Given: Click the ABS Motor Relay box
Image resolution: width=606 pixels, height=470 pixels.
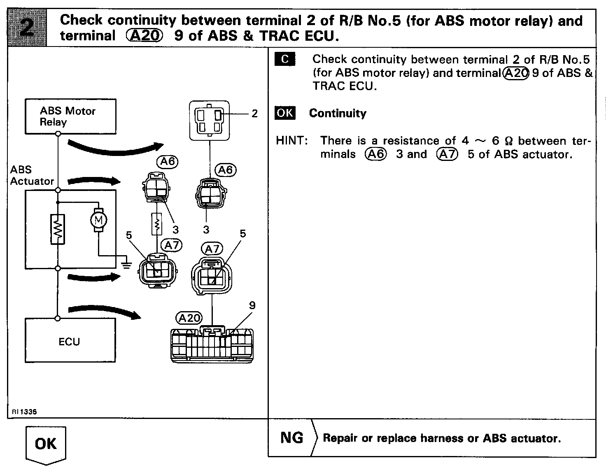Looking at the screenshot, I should (x=70, y=116).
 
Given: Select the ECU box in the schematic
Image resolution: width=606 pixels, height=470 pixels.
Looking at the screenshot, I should (x=70, y=340).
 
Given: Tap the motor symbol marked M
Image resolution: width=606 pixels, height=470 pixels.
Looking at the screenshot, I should (x=98, y=220).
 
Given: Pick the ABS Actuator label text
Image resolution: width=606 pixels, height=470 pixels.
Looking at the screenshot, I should (x=31, y=175).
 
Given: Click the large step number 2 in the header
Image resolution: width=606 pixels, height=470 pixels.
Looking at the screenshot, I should (x=28, y=28).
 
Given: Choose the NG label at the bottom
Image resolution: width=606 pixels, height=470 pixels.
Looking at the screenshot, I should (x=291, y=437).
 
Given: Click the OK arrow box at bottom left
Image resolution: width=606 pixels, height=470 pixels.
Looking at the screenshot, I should (x=46, y=445).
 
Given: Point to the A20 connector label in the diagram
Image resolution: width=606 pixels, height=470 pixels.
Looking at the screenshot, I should (x=189, y=318).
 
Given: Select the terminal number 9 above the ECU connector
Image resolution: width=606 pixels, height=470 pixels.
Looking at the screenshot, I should (x=252, y=305).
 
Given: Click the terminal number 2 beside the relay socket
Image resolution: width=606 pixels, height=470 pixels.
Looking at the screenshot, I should (x=254, y=113).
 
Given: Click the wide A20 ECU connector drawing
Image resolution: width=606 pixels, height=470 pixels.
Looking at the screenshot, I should (x=212, y=345).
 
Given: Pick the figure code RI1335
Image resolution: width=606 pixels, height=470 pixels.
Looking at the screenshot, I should (x=21, y=411).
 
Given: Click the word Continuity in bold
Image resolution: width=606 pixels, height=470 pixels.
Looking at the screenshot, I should (x=338, y=113).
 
